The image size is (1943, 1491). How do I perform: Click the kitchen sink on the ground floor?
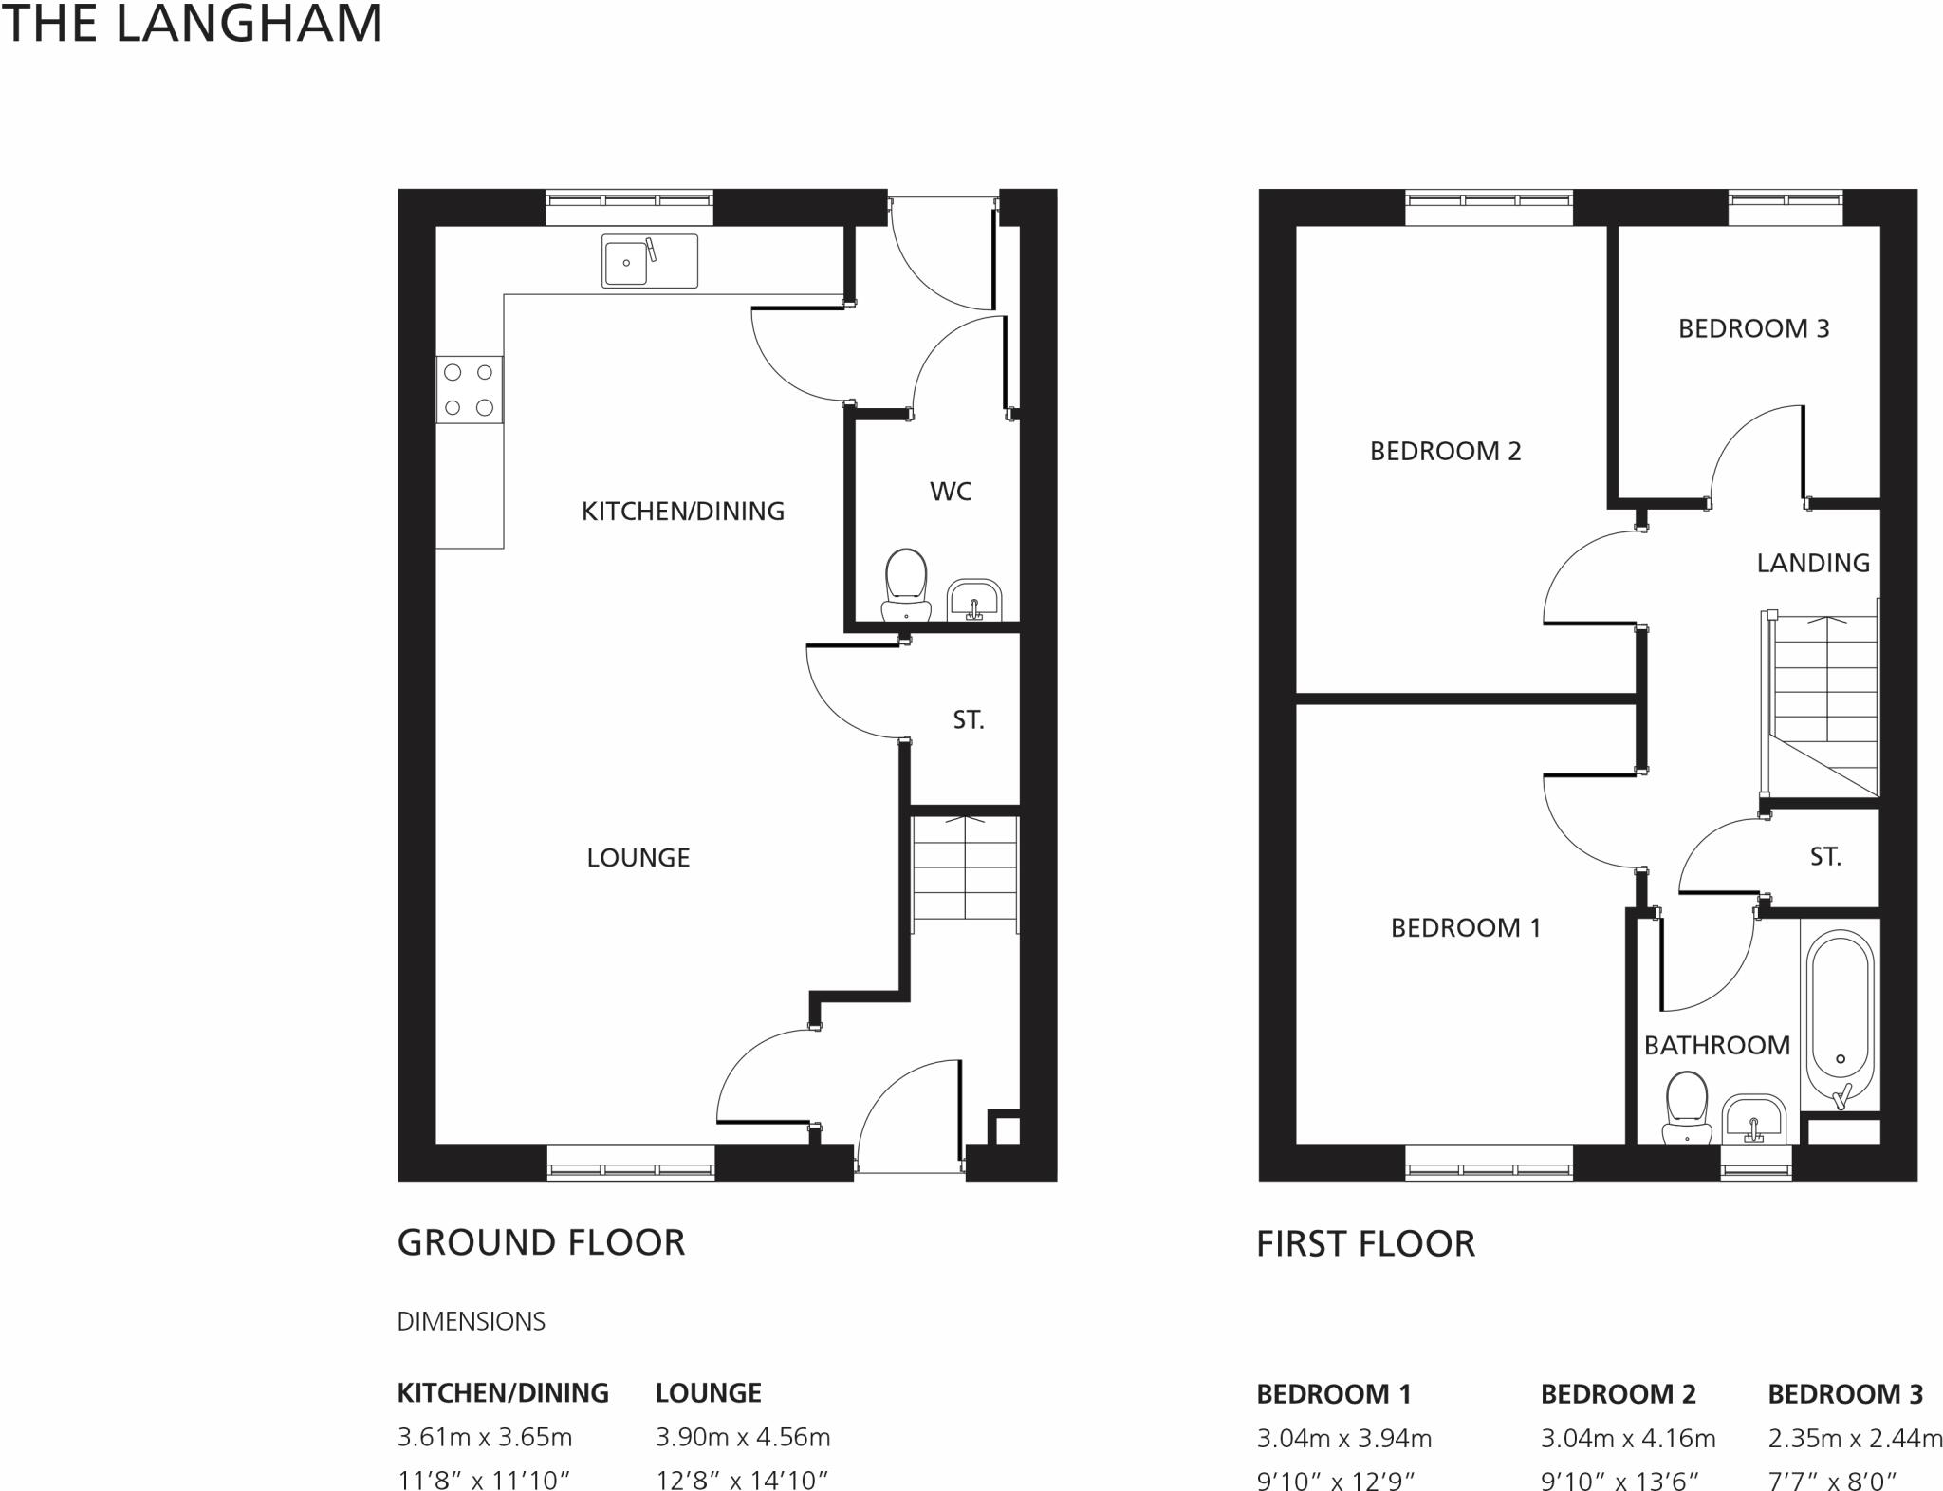click(649, 261)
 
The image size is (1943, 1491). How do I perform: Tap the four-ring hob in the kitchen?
click(469, 389)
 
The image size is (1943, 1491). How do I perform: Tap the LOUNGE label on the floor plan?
click(638, 858)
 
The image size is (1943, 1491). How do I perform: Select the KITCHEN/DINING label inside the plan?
click(682, 512)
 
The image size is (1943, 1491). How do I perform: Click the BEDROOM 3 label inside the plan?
click(1753, 328)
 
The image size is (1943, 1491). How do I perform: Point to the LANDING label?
click(1812, 564)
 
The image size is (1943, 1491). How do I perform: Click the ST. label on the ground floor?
click(968, 720)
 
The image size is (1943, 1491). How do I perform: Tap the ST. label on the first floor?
click(1824, 857)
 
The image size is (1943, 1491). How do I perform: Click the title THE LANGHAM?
click(192, 24)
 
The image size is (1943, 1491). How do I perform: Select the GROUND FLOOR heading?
click(541, 1242)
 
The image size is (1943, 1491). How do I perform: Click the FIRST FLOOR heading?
click(1365, 1243)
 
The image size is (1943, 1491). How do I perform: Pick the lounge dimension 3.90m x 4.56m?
click(743, 1437)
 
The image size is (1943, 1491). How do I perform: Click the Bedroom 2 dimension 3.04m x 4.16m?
click(1628, 1439)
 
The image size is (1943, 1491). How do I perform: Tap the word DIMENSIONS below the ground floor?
click(471, 1321)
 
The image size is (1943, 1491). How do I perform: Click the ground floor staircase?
click(964, 868)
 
